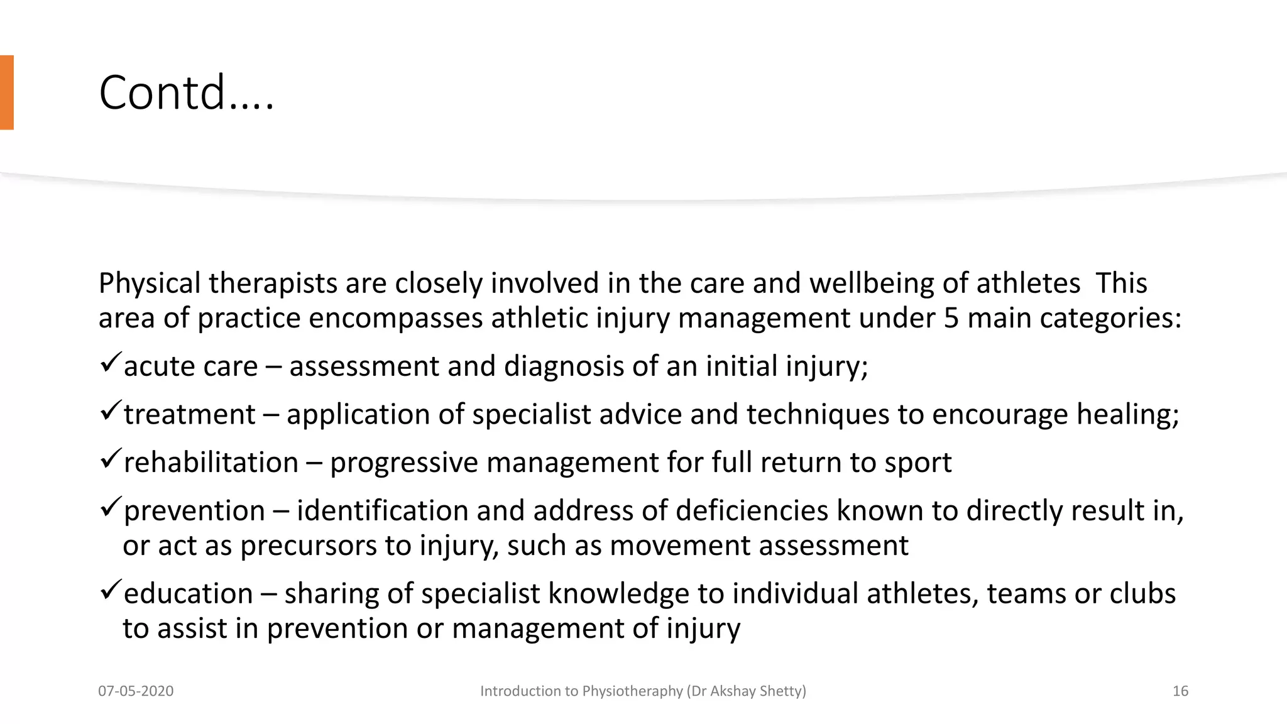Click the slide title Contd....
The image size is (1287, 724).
click(186, 93)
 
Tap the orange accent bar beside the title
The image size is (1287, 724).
click(6, 92)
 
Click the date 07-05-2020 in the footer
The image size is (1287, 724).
click(136, 691)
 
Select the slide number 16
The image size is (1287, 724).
click(1180, 691)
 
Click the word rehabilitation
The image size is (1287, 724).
click(211, 463)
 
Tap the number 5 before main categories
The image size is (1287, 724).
click(951, 318)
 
